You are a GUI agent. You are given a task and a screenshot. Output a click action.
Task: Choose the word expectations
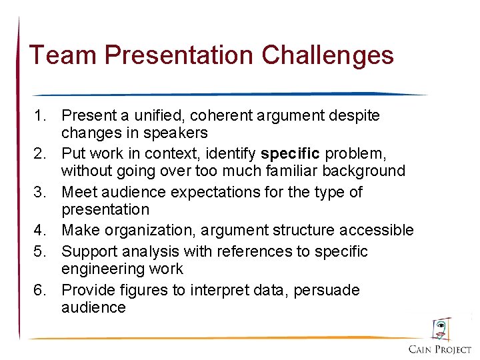219,193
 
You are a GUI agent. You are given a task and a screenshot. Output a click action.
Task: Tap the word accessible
376,231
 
